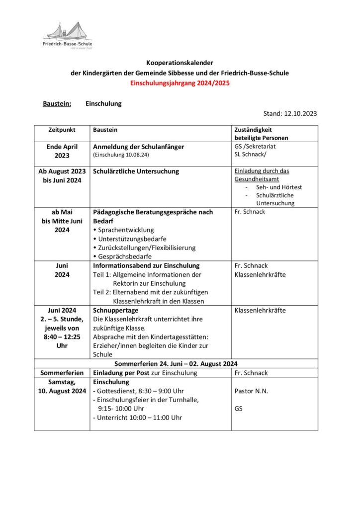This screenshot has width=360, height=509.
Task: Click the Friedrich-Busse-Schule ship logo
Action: tap(68, 35)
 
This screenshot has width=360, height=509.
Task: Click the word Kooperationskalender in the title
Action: tap(180, 63)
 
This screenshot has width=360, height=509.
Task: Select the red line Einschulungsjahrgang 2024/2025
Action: tap(180, 83)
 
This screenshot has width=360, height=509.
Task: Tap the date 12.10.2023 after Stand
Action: tap(300, 114)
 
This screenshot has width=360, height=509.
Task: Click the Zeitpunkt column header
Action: tap(62, 130)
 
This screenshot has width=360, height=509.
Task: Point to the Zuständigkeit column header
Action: tap(255, 130)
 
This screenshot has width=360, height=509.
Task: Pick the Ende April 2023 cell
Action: tap(62, 151)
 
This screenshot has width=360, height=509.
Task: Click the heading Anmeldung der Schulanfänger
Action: tap(139, 147)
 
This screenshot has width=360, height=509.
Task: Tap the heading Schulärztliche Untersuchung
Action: tap(136, 171)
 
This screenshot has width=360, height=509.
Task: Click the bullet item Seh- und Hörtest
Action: tap(279, 187)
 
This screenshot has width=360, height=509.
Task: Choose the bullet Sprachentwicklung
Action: tap(126, 230)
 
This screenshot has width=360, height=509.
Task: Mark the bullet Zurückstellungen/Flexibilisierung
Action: tap(147, 248)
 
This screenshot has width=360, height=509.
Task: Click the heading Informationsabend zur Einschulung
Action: tap(146, 266)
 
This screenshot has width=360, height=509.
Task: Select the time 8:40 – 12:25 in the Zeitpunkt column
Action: tap(62, 337)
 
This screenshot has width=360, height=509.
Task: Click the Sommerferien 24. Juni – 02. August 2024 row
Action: tap(180, 364)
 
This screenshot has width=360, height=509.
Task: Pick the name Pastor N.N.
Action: tap(251, 391)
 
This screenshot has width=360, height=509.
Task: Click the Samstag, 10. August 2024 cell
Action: tap(62, 387)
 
